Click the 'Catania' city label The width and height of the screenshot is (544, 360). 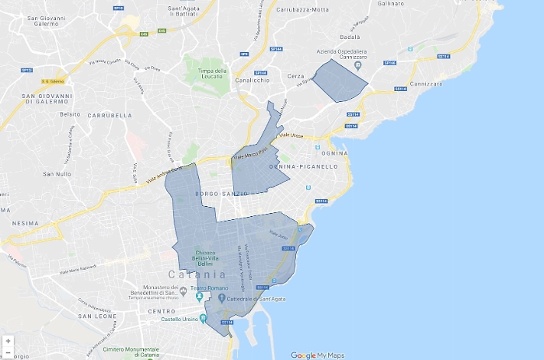tap(197, 274)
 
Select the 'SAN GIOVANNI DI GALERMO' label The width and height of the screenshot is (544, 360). tap(48, 99)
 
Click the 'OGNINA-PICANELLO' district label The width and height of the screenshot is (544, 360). tap(303, 166)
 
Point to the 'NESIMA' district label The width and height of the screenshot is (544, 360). tap(25, 222)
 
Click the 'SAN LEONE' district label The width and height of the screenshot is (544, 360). tap(97, 316)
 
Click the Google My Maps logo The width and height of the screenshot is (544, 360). tap(317, 355)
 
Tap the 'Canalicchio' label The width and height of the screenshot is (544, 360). tap(253, 80)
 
